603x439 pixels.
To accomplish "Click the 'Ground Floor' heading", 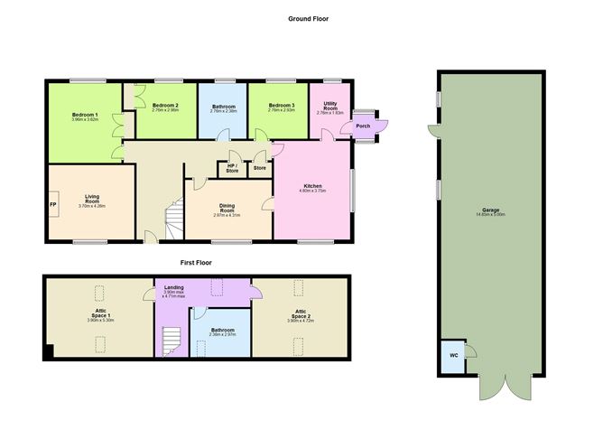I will coord(310,18).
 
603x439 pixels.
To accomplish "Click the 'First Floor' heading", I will coord(195,263).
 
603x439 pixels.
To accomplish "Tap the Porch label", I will coord(363,126).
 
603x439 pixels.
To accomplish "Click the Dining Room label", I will coord(226,210).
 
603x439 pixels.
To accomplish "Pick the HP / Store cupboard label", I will coord(232,167).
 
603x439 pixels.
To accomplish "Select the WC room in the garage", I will coord(453,355).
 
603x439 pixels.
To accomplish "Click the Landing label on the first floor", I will coord(173,291).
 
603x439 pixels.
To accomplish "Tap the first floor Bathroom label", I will coord(222,332).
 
